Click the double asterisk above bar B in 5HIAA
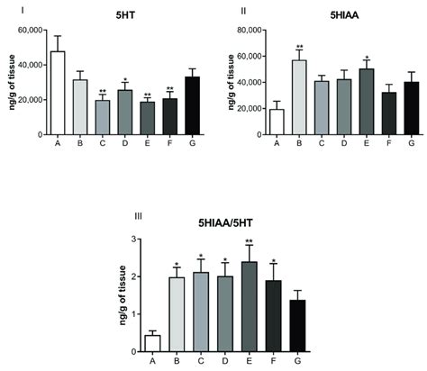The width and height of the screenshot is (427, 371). tap(297, 47)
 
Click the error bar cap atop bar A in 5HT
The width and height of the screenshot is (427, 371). tap(58, 36)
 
